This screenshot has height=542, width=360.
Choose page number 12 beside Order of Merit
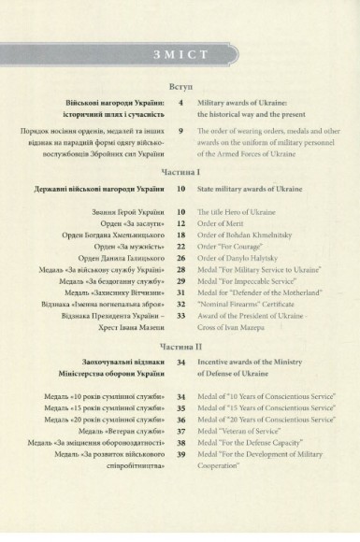pyautogui.click(x=180, y=225)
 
